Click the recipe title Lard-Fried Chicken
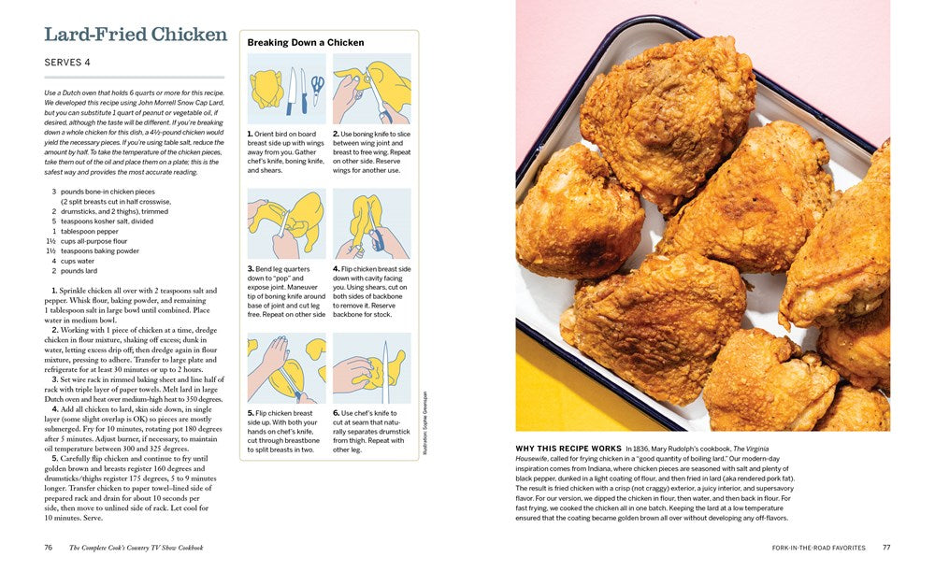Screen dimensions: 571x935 click(136, 35)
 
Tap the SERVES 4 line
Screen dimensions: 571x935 click(67, 63)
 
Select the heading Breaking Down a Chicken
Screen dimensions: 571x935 click(305, 43)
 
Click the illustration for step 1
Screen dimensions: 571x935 click(287, 89)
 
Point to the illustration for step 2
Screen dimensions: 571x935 click(371, 89)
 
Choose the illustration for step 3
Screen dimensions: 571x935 click(287, 223)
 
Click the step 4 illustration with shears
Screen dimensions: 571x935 click(371, 223)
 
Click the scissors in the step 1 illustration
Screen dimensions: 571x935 click(317, 89)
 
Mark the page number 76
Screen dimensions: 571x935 click(48, 548)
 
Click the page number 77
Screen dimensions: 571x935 click(886, 548)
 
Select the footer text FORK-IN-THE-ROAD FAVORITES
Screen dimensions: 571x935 click(818, 548)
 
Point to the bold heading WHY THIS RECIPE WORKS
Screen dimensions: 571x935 click(568, 449)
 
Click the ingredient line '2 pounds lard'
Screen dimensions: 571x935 click(75, 271)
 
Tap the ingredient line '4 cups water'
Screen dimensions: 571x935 click(75, 261)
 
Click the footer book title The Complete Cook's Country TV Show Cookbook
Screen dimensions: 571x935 click(137, 548)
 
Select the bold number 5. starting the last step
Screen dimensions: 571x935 click(55, 459)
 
